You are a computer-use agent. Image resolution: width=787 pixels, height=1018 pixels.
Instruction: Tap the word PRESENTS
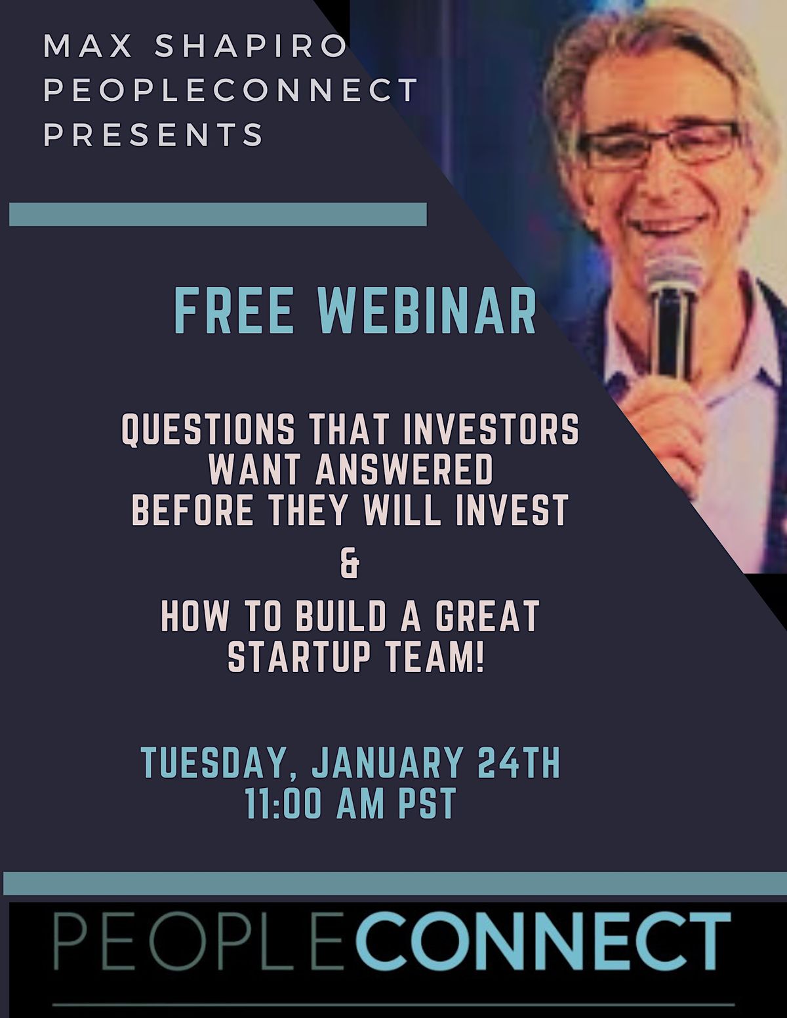153,134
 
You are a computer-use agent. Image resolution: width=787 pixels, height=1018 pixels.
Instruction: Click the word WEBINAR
426,311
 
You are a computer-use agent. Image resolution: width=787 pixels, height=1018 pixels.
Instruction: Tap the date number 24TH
518,762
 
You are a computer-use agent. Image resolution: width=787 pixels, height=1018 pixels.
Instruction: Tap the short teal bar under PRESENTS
218,214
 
